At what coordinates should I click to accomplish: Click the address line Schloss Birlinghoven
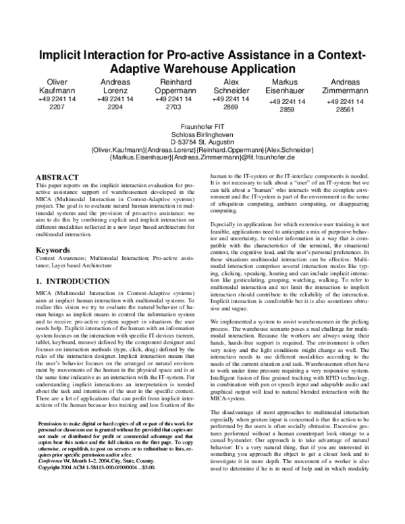tap(202, 134)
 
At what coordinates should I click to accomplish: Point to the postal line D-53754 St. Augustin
tap(202, 142)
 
